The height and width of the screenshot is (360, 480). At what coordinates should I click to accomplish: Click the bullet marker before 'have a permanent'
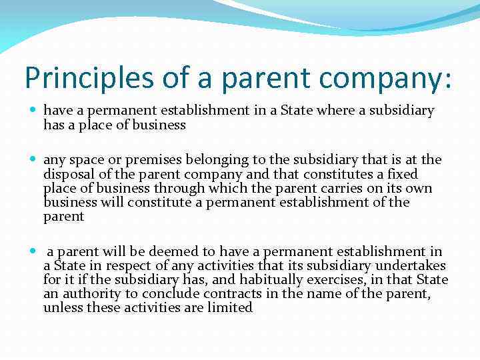[x=33, y=109]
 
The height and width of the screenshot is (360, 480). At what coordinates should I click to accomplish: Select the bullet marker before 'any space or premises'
[x=33, y=159]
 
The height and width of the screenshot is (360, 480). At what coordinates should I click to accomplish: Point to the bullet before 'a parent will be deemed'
[x=33, y=251]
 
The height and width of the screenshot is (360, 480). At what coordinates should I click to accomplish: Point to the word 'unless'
[x=63, y=308]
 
